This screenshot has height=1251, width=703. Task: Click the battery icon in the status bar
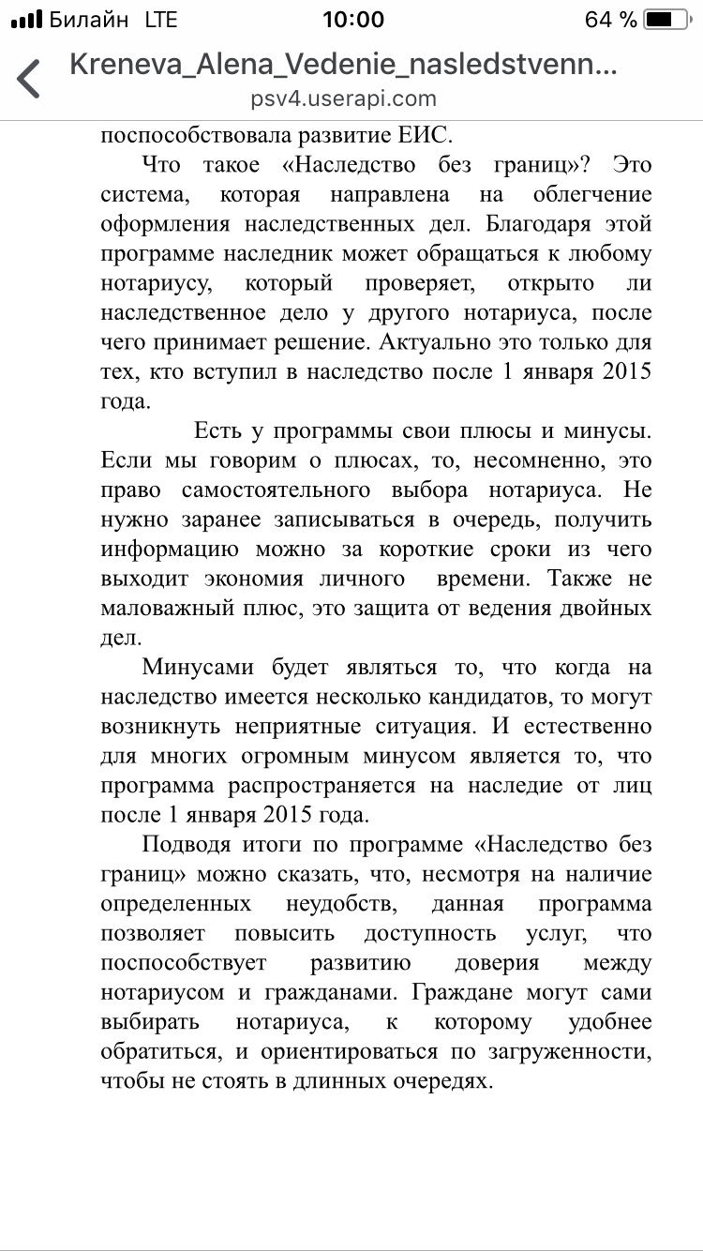click(668, 20)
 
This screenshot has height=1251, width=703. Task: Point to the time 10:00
click(352, 20)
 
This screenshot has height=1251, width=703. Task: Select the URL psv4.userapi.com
click(344, 98)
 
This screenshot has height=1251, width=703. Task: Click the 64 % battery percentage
click(610, 20)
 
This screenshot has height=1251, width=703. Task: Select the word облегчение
click(591, 196)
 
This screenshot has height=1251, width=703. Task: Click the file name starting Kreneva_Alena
click(344, 65)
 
